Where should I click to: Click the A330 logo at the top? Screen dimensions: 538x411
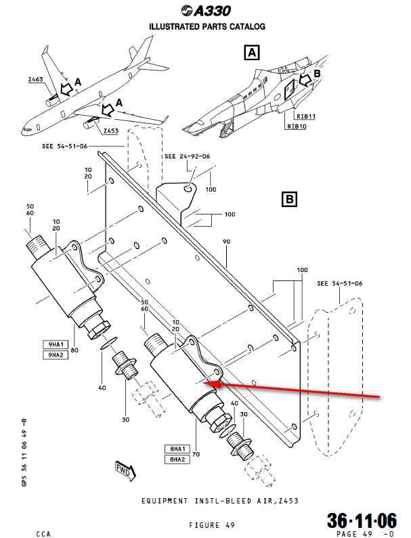click(207, 10)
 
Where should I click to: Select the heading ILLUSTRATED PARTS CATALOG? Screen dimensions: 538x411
click(207, 26)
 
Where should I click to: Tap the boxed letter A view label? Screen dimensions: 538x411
click(251, 52)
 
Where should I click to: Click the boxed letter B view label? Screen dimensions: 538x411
click(289, 200)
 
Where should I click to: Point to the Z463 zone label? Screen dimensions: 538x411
click(36, 80)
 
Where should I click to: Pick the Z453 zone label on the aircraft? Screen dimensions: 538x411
click(111, 131)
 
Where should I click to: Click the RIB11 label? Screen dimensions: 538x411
click(297, 116)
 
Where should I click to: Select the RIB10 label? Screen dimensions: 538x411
click(297, 126)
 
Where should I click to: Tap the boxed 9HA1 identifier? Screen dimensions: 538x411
click(55, 344)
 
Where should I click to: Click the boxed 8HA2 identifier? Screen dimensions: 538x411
click(177, 459)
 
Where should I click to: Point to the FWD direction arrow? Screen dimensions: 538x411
click(125, 468)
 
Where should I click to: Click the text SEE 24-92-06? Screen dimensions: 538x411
click(187, 156)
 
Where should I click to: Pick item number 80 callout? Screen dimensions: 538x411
click(74, 350)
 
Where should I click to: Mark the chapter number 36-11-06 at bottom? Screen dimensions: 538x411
click(362, 520)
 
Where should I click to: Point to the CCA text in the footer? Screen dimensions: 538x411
click(44, 534)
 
